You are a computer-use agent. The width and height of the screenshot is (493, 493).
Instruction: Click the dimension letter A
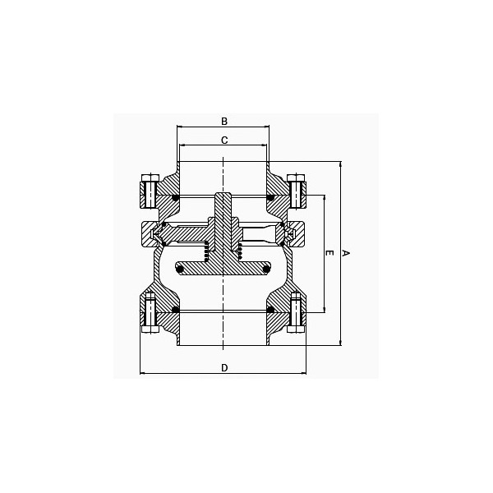click(x=346, y=253)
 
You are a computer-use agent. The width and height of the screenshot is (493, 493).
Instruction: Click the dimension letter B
click(x=224, y=122)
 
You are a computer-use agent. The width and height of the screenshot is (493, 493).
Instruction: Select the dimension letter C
click(x=224, y=141)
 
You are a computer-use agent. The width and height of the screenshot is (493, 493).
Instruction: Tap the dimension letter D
click(x=224, y=367)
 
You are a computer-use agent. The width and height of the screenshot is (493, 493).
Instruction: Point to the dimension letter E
click(x=329, y=253)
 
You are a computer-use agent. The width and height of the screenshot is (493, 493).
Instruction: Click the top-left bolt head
click(x=150, y=178)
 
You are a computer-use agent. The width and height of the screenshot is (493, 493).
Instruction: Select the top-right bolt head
click(x=296, y=178)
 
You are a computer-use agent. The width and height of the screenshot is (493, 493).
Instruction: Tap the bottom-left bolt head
click(x=150, y=329)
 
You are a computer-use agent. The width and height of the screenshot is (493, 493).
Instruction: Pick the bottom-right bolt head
click(x=296, y=329)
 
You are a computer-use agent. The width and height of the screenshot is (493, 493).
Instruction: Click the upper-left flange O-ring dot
click(x=176, y=198)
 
